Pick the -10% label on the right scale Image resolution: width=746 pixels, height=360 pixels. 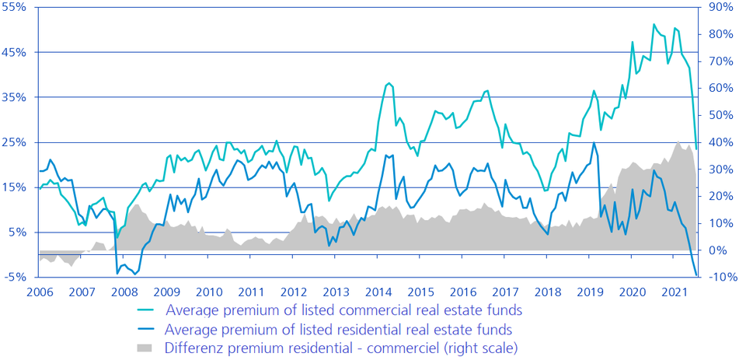(720, 278)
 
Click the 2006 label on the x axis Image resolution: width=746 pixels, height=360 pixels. (40, 293)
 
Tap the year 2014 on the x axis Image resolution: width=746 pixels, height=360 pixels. (378, 293)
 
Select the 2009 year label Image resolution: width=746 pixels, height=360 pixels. (167, 293)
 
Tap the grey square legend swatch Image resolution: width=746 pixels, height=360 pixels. (146, 348)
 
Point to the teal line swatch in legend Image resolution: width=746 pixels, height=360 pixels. (146, 310)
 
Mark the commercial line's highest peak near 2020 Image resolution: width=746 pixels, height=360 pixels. (654, 24)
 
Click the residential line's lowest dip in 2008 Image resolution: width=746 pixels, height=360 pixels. (135, 274)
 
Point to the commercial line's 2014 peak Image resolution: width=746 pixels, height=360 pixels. (389, 82)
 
